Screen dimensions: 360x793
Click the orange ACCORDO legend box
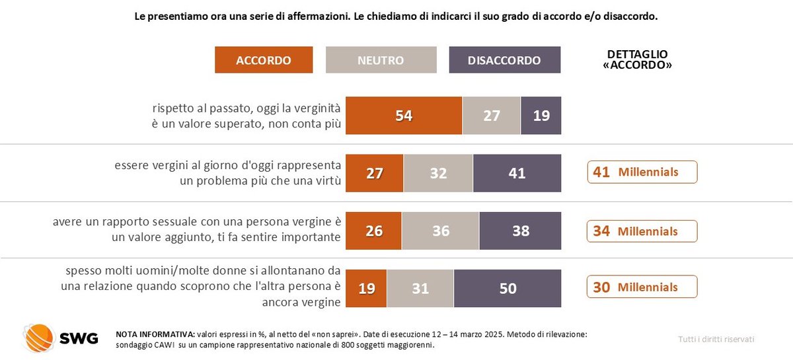pyautogui.click(x=264, y=60)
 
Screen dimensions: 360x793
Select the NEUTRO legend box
pyautogui.click(x=381, y=60)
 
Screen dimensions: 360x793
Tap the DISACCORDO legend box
pyautogui.click(x=504, y=60)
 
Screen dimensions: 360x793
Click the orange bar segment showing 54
pyautogui.click(x=404, y=116)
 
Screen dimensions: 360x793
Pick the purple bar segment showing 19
pyautogui.click(x=541, y=116)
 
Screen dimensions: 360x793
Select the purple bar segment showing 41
pyautogui.click(x=517, y=173)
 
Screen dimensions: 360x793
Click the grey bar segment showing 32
pyautogui.click(x=437, y=173)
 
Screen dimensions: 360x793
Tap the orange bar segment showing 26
pyautogui.click(x=373, y=231)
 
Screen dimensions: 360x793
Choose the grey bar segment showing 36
pyautogui.click(x=440, y=231)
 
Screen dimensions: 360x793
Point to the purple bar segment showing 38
pyautogui.click(x=520, y=231)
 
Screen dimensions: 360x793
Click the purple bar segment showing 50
pyautogui.click(x=508, y=288)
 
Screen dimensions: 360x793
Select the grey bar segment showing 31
pyautogui.click(x=420, y=288)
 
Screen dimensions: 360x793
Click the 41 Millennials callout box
pyautogui.click(x=642, y=172)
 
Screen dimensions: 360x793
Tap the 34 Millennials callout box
pyautogui.click(x=642, y=231)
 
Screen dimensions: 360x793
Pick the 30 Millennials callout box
pyautogui.click(x=642, y=287)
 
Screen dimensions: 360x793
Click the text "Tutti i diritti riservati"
pyautogui.click(x=716, y=339)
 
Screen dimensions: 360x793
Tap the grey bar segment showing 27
pyautogui.click(x=491, y=116)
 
